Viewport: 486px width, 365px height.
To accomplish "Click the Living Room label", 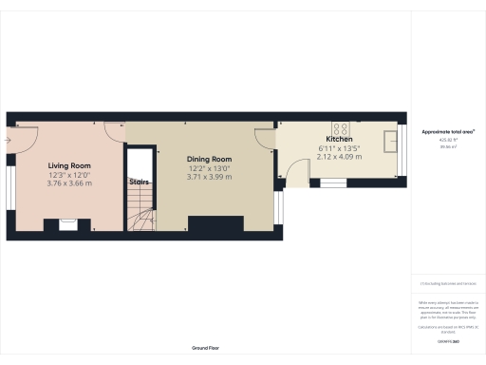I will click(x=69, y=165).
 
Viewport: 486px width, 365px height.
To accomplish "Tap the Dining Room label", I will click(x=209, y=160).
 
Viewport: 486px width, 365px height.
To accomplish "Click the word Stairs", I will click(x=140, y=182).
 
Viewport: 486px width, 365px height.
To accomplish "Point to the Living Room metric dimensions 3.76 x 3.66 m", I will click(x=69, y=182).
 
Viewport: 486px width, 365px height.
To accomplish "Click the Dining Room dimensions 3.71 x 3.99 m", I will click(x=209, y=177).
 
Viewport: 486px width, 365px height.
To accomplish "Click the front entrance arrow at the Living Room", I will click(x=7, y=141).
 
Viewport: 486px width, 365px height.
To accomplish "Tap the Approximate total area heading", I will click(x=448, y=131).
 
